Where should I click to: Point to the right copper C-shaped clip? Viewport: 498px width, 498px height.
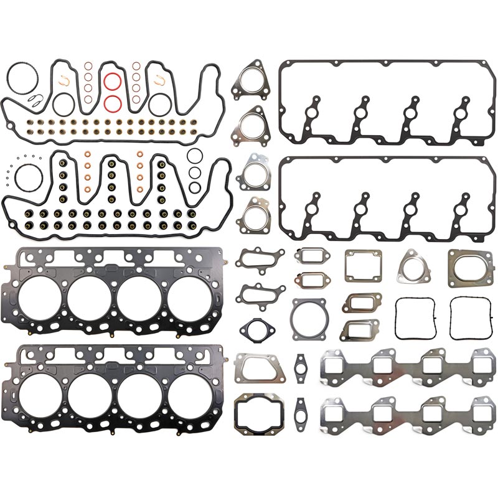coord(158,79)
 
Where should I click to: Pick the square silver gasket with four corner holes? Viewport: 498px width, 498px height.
coord(363,265)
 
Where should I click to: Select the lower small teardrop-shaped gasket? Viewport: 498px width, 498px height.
coord(301,408)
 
